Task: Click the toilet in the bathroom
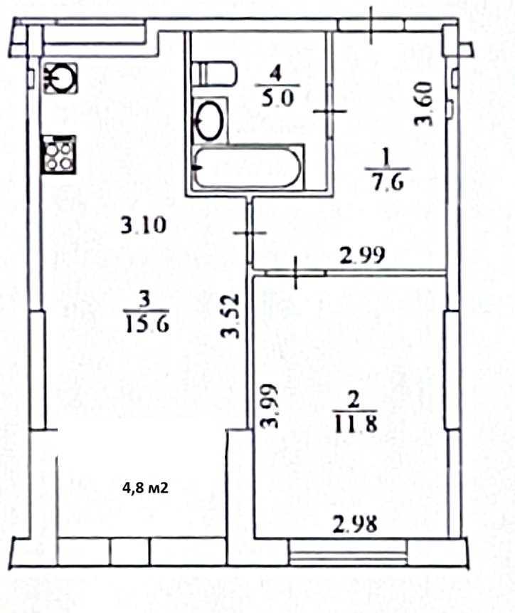216,73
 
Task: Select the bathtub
248,168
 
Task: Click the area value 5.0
277,98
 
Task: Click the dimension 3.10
143,227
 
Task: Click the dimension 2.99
363,256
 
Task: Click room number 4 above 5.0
277,73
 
